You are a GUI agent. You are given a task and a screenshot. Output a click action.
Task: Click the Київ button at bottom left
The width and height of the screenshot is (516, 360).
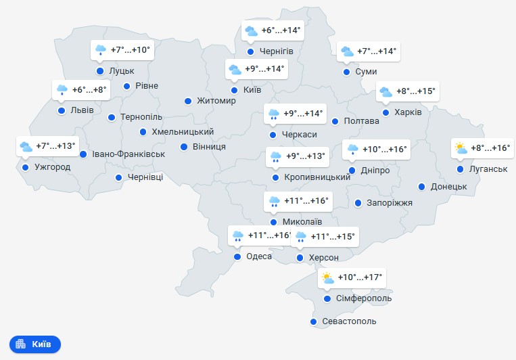coord(35,344)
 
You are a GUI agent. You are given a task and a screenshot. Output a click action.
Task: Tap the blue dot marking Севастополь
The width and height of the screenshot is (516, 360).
coord(313,321)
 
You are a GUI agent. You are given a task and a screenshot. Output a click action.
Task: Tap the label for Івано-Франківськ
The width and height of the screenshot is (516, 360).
coord(128,154)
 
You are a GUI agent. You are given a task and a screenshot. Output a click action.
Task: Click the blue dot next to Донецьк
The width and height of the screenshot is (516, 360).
coord(421,186)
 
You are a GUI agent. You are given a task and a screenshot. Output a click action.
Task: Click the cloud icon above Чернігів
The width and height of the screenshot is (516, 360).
coord(251,30)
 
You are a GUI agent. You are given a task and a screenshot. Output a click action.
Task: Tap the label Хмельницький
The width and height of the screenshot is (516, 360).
coord(183,132)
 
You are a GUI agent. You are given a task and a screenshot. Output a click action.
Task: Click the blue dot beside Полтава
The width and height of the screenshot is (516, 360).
coord(335,121)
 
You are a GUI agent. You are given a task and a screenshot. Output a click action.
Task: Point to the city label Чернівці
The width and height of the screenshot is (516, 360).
coord(145,177)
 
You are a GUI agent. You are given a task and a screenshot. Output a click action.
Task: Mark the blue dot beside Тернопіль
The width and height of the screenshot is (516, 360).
coord(112,117)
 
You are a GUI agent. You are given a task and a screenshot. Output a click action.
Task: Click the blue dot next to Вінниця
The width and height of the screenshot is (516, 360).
coord(184,146)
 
